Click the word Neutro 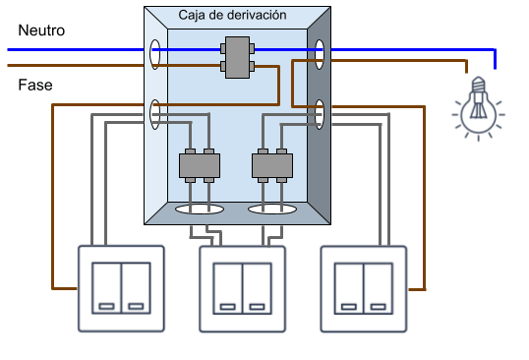coord(41,30)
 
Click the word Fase coord(35,85)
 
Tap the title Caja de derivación coord(232,15)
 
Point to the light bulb coord(479,108)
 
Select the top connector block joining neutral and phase coord(238,57)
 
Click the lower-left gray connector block coord(200,165)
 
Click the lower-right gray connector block coord(272,165)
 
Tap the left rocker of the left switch coord(106,288)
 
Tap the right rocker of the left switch coord(136,288)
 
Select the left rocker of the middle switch coord(228,288)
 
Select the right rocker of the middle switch coord(257,288)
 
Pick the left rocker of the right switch coord(349,288)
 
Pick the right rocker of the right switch coord(379,288)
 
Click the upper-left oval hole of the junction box coord(155,54)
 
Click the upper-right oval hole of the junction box coord(320,54)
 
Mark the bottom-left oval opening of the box coord(200,210)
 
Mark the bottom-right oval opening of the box coord(272,210)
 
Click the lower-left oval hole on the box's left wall coord(155,114)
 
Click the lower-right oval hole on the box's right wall coord(320,114)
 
